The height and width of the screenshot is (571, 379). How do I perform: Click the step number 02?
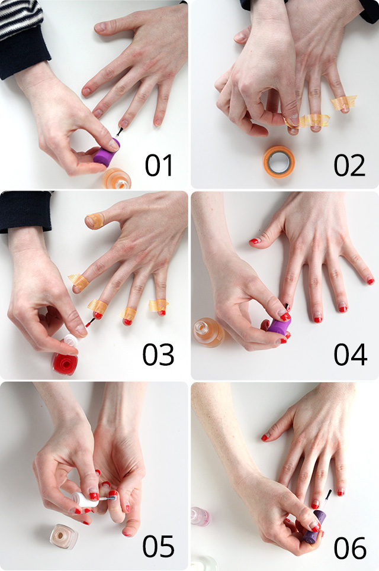click(349, 165)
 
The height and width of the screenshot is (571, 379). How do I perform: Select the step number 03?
click(158, 354)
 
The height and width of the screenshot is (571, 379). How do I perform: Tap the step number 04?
click(350, 354)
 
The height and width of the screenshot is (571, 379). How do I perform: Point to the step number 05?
click(158, 546)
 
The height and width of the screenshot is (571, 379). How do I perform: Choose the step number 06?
click(350, 547)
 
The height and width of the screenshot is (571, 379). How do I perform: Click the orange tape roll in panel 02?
click(279, 161)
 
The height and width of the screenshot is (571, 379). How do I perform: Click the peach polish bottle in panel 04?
click(208, 332)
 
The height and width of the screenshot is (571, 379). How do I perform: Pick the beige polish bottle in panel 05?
click(63, 535)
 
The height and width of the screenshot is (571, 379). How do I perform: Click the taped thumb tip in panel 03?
click(94, 221)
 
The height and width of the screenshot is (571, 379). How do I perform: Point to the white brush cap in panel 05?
click(85, 499)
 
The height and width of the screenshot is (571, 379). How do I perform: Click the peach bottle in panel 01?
click(116, 178)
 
